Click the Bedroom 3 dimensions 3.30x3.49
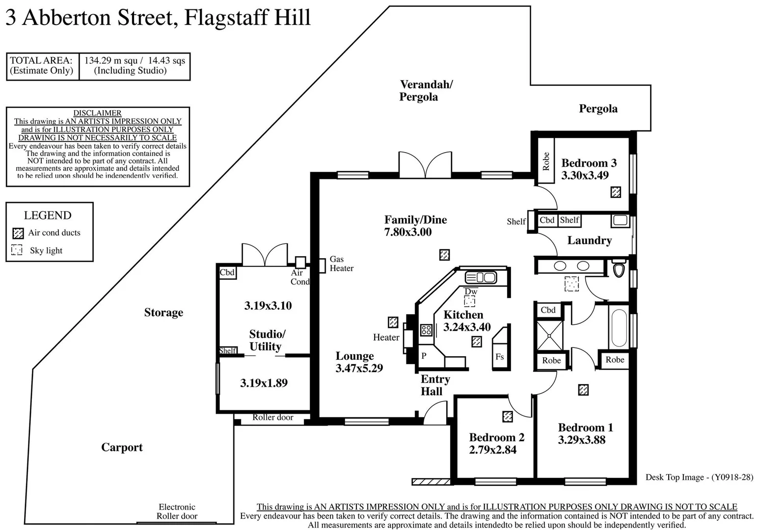(x=585, y=175)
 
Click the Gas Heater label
(x=341, y=264)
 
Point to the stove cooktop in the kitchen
(x=426, y=330)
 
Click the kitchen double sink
(x=481, y=277)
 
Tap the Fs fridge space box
(x=500, y=357)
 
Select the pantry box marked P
(x=424, y=356)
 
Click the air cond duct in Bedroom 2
(x=508, y=417)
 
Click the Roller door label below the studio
(x=272, y=418)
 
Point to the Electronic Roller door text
(x=177, y=511)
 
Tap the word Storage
(x=163, y=313)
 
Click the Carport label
(x=122, y=447)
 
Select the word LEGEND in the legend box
(x=48, y=215)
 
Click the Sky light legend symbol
(x=17, y=250)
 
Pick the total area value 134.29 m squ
(x=111, y=60)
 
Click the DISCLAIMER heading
(x=97, y=113)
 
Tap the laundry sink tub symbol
(x=620, y=220)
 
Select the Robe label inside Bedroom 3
(x=546, y=161)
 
